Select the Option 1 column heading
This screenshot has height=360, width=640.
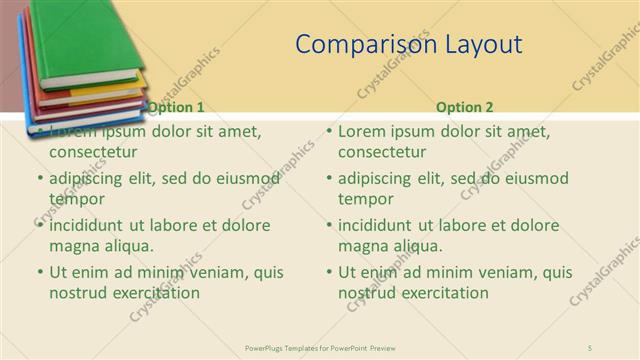(x=176, y=107)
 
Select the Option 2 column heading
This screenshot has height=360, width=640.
(x=465, y=107)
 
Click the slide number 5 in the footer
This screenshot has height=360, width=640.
(x=590, y=347)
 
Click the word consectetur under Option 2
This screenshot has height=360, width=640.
(x=382, y=152)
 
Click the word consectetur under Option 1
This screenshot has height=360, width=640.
(x=93, y=152)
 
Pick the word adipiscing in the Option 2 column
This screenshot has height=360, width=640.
(x=374, y=179)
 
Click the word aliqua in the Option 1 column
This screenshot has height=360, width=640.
(x=126, y=246)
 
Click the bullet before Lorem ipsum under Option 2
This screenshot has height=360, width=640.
(x=329, y=132)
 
